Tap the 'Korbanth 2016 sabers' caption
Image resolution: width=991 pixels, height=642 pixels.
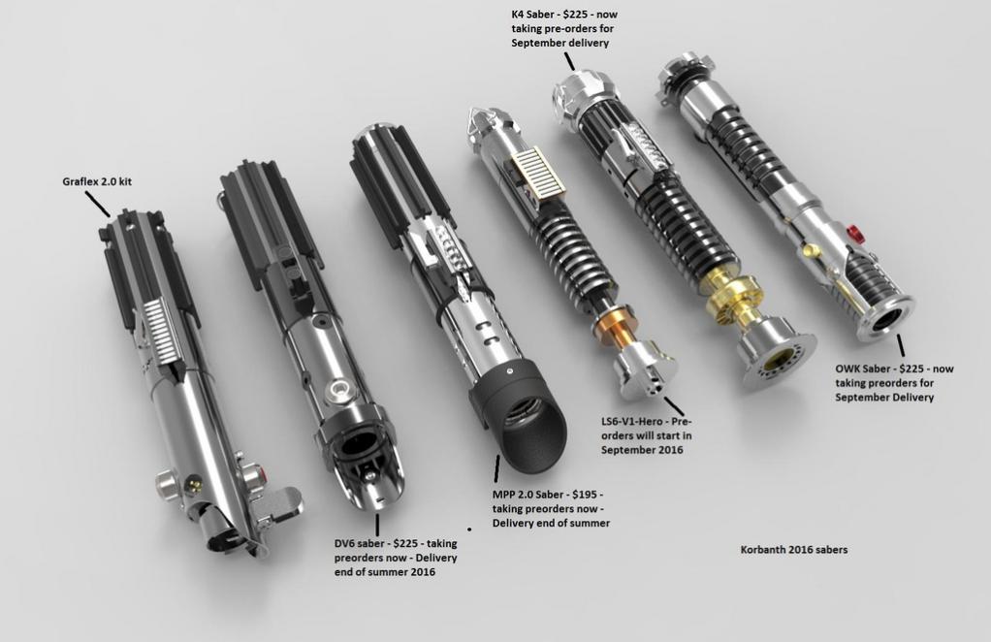(793, 550)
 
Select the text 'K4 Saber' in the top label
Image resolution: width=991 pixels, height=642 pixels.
(535, 16)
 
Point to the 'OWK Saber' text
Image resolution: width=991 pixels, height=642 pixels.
(863, 369)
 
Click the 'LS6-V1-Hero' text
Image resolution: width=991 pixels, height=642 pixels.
(635, 422)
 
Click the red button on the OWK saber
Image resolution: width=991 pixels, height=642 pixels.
(854, 233)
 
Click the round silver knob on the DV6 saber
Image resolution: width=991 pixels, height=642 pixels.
(336, 390)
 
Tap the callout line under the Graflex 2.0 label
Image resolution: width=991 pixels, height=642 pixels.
(97, 204)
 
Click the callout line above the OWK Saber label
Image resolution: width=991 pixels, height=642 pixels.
(901, 345)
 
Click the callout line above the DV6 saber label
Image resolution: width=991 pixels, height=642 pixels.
(376, 524)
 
